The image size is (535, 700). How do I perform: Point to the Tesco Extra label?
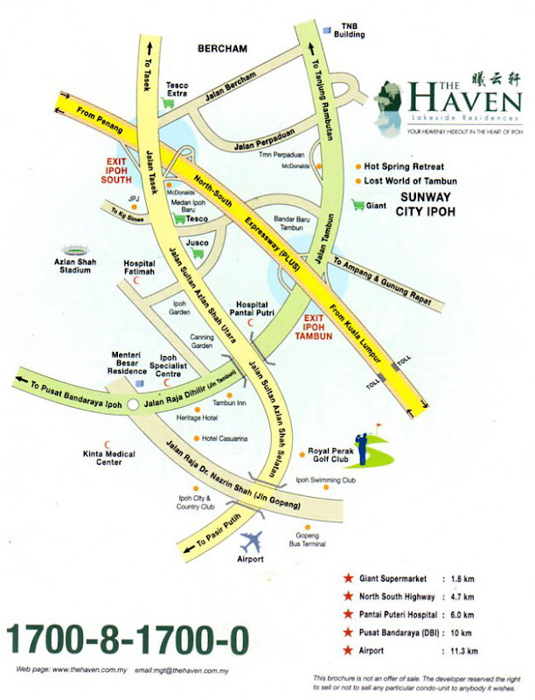[177, 88]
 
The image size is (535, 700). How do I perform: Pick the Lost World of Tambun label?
[411, 181]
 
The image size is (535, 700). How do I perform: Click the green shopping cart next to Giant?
[357, 205]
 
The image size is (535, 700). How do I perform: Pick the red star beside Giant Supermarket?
[349, 579]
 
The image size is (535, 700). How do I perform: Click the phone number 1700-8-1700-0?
[128, 641]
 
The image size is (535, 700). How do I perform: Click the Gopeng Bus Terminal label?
[307, 539]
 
